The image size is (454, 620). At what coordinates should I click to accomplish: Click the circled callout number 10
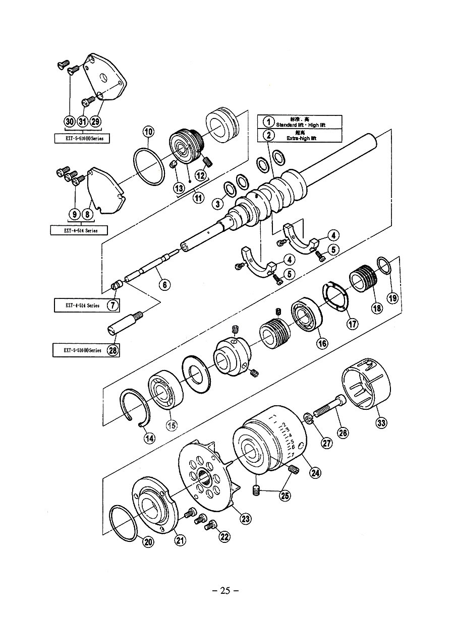pyautogui.click(x=148, y=132)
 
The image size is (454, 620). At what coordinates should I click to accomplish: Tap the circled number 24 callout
pyautogui.click(x=315, y=472)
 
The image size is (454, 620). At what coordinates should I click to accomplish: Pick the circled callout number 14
pyautogui.click(x=149, y=438)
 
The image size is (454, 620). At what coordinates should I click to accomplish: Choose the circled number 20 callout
pyautogui.click(x=148, y=542)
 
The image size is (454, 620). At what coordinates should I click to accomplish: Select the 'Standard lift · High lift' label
pyautogui.click(x=302, y=124)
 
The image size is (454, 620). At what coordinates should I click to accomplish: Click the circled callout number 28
pyautogui.click(x=113, y=350)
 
